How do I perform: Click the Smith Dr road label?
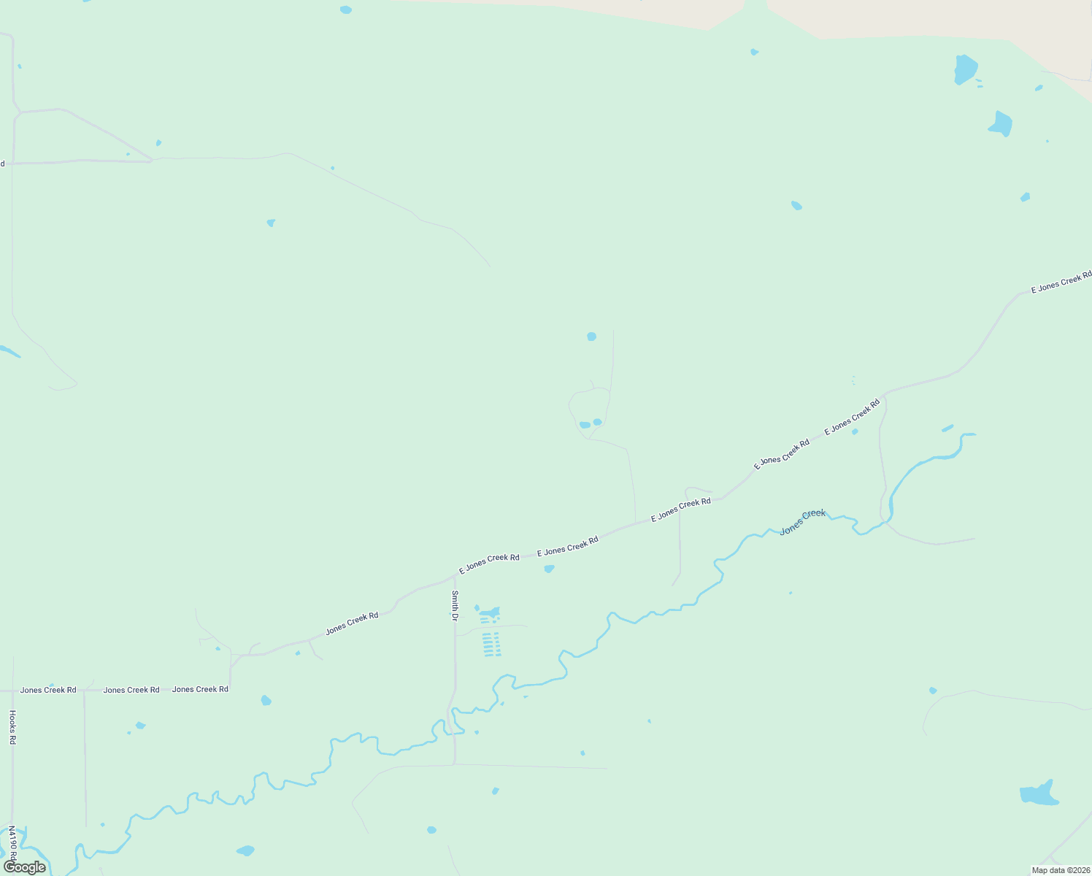454,605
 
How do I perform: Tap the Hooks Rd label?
12,727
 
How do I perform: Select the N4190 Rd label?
12,843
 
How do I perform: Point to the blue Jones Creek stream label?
802,522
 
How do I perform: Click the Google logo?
25,867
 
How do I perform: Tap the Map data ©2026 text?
1060,869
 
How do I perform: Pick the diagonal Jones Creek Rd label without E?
352,623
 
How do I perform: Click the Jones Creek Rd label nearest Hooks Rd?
48,690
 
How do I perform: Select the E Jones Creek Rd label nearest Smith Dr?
489,563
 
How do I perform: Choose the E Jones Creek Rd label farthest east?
1061,282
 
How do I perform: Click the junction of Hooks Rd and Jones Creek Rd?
12,690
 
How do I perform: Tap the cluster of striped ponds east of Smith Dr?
492,645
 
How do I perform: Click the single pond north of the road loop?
591,337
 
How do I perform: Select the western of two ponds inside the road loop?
585,425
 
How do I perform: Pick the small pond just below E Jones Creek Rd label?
549,569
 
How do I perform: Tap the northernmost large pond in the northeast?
965,69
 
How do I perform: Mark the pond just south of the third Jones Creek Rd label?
266,701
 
